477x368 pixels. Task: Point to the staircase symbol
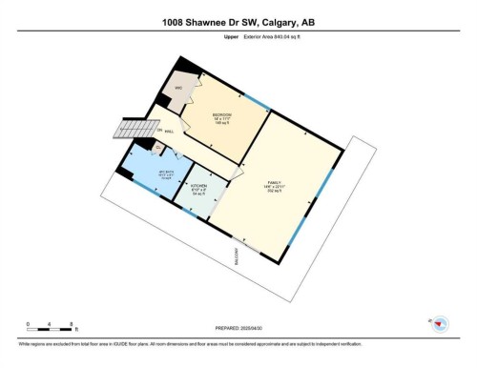(130, 129)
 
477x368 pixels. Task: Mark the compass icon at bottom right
(440, 325)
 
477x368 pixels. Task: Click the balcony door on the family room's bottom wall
(246, 245)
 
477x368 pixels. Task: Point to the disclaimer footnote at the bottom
(191, 343)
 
